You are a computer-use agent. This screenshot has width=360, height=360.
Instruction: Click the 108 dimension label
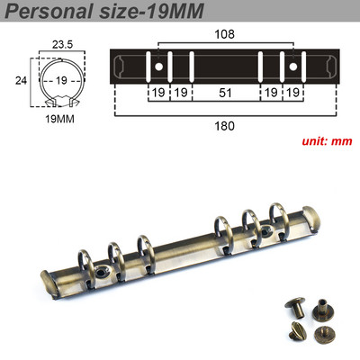point(225,34)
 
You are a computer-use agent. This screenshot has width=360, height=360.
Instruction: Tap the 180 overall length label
point(224,126)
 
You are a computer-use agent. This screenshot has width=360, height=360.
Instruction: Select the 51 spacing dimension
point(225,93)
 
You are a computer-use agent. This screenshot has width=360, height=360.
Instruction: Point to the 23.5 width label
point(62,45)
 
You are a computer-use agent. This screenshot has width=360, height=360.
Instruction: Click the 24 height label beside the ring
point(21,80)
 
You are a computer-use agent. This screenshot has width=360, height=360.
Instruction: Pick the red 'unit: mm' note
point(327,141)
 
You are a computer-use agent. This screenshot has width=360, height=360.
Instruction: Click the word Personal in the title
point(49,11)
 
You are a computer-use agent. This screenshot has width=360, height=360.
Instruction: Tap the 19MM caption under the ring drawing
point(59,119)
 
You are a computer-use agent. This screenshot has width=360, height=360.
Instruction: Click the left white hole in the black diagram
point(158,67)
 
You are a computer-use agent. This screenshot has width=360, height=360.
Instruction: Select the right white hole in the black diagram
point(292,67)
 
